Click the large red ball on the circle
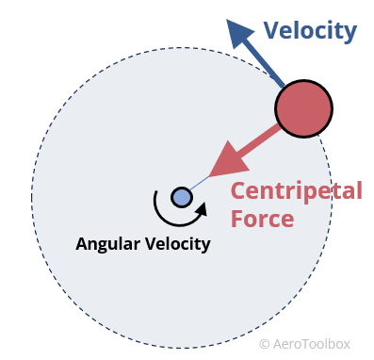[x=303, y=109]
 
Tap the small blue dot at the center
[x=182, y=197]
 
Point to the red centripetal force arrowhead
[x=222, y=162]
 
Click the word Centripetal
[x=296, y=190]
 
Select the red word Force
[x=262, y=220]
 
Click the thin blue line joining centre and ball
[x=200, y=184]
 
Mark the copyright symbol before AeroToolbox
[x=265, y=344]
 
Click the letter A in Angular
[x=81, y=243]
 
